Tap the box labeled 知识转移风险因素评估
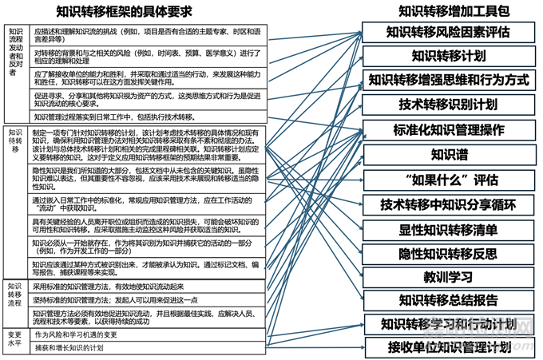447,32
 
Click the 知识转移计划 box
448,56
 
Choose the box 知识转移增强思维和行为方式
448,80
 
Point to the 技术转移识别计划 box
448,105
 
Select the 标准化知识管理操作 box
448,129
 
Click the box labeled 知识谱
448,154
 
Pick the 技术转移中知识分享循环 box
448,204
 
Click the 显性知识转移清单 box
448,228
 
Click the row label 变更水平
15,340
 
